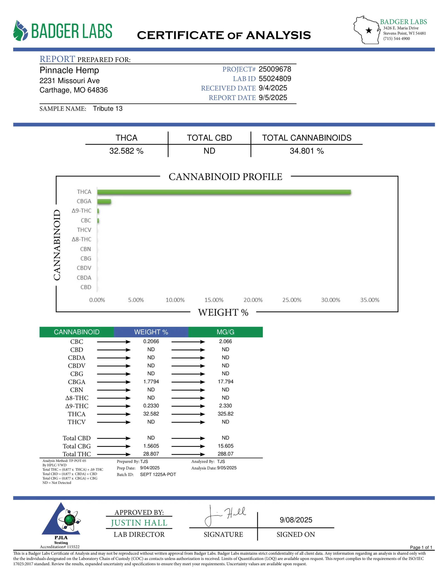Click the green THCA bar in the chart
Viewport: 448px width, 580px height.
point(224,192)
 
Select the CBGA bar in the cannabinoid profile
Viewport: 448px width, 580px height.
point(104,201)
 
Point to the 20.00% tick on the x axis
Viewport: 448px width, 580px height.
point(253,300)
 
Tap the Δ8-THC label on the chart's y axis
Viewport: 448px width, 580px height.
point(81,239)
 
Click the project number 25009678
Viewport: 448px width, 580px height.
point(275,69)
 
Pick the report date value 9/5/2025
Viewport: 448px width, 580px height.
point(273,97)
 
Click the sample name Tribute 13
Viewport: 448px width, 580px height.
point(108,109)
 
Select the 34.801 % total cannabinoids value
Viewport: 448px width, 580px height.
point(306,151)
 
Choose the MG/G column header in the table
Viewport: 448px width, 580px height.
point(225,332)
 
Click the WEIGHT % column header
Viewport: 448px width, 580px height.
point(151,332)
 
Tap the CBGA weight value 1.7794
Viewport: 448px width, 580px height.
point(151,382)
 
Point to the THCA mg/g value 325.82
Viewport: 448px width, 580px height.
point(225,414)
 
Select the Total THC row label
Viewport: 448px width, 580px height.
point(77,454)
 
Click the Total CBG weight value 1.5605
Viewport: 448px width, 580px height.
point(151,446)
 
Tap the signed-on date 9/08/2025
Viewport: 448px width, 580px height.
point(296,520)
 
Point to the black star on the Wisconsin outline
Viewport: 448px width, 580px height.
point(369,31)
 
